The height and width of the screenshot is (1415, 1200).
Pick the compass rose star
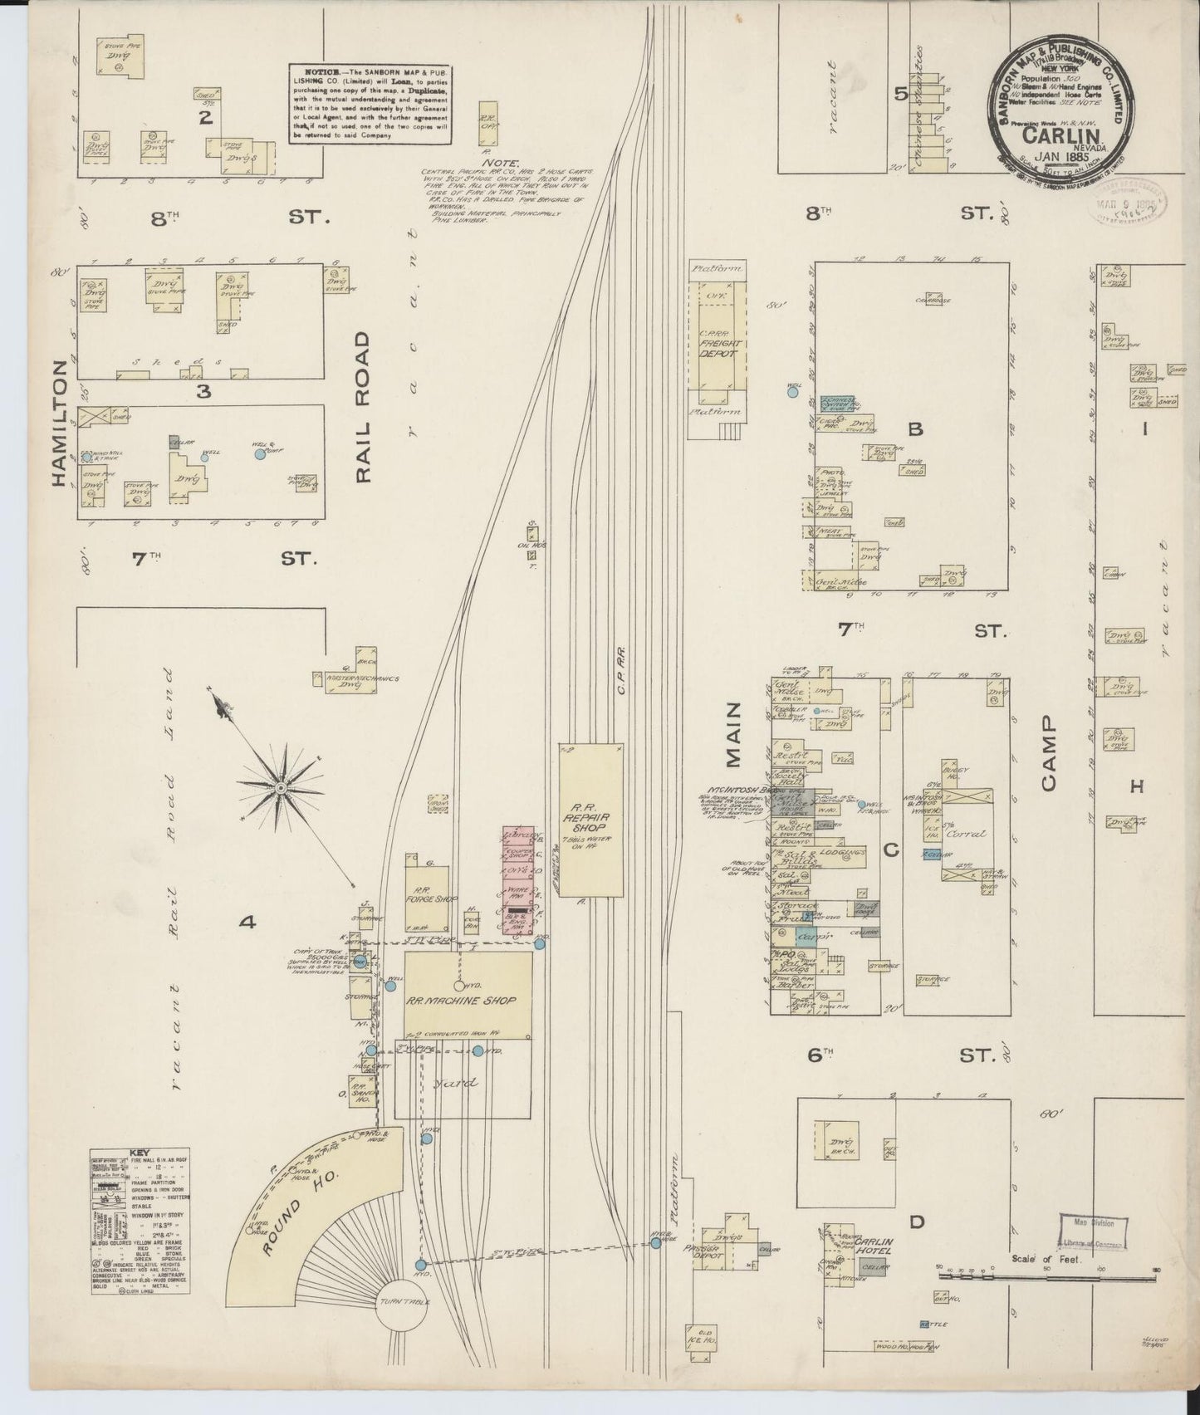[x=281, y=786]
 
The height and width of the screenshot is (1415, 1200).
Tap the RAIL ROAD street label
[x=363, y=408]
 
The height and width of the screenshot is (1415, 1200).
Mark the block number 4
[x=246, y=922]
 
